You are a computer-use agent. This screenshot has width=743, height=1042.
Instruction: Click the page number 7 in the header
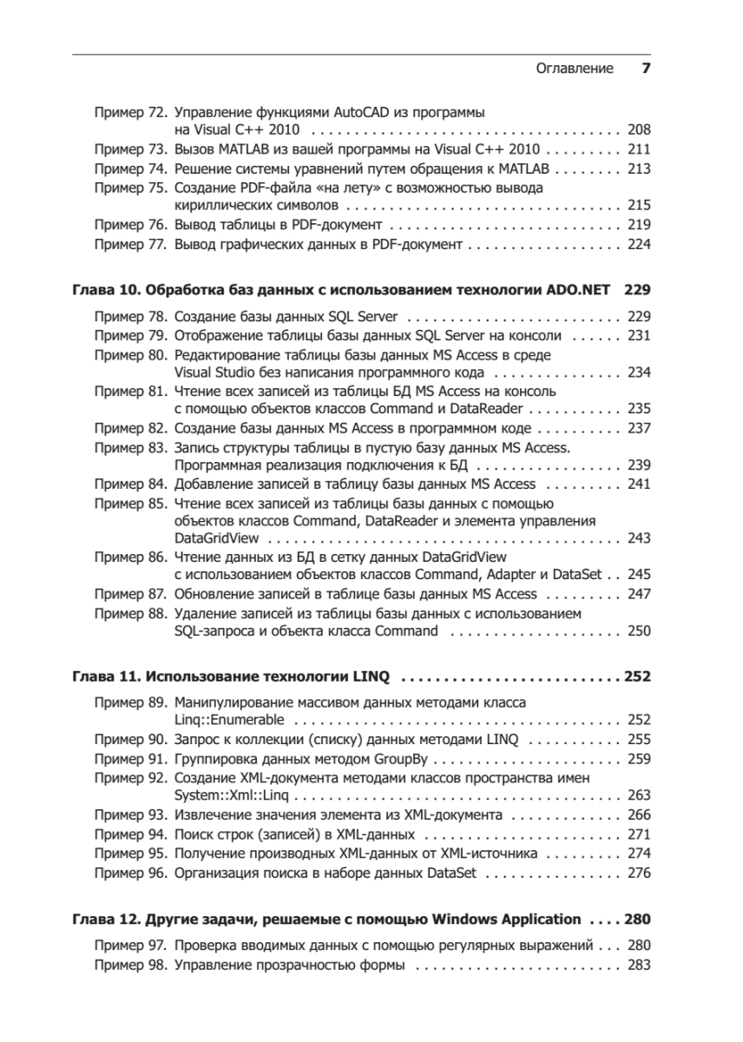(x=645, y=69)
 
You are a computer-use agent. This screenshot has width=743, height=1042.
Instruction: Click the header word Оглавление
(x=575, y=69)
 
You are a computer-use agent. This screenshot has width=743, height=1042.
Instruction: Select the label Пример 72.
(x=130, y=113)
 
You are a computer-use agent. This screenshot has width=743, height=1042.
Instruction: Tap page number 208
(x=638, y=130)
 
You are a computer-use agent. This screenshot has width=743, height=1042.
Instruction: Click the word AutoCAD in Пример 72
(x=364, y=113)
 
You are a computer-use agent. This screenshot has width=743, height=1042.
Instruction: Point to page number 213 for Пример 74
(x=638, y=168)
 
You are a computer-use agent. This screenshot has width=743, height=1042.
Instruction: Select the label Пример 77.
(x=130, y=245)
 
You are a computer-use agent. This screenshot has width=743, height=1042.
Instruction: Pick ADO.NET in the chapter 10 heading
(x=577, y=290)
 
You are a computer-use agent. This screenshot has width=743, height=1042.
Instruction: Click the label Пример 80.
(x=130, y=355)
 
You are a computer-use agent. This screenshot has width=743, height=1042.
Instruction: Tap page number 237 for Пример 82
(x=638, y=428)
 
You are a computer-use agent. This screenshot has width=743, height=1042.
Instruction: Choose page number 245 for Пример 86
(x=638, y=575)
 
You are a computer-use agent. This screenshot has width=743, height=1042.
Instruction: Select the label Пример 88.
(x=130, y=614)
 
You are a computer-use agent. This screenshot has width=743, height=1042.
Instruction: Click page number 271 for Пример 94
(x=638, y=834)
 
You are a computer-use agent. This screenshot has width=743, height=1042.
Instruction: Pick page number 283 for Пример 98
(x=638, y=965)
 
